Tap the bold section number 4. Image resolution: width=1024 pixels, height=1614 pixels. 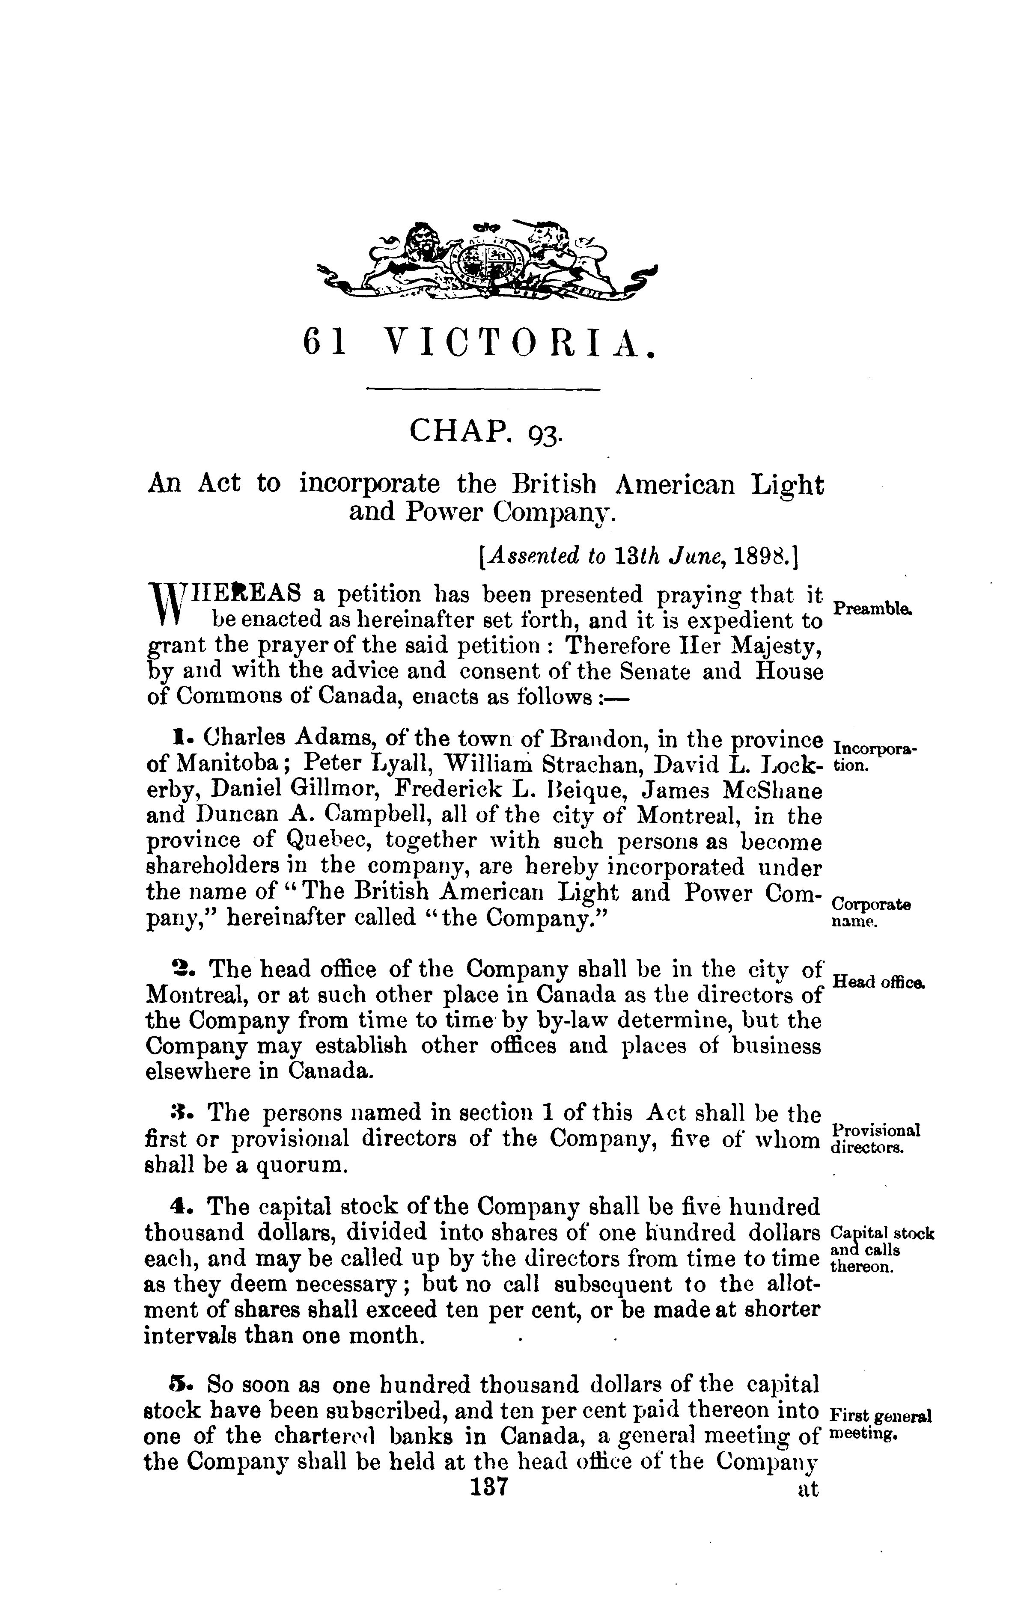point(179,1207)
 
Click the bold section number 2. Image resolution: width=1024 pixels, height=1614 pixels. point(179,969)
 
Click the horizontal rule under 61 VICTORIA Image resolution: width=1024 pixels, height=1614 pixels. point(483,389)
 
